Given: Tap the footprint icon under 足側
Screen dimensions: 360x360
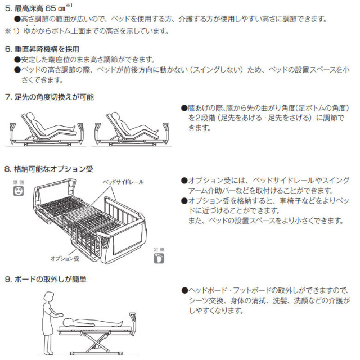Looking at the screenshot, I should click(x=159, y=257).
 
